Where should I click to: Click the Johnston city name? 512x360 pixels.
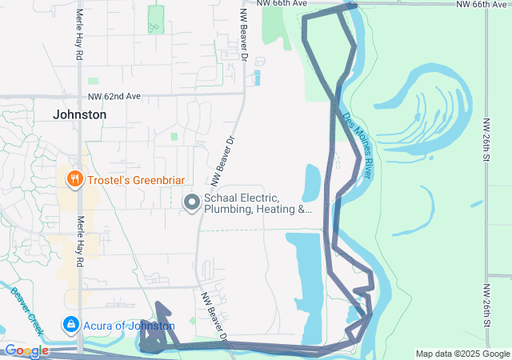79,114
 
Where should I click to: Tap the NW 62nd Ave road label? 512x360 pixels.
114,96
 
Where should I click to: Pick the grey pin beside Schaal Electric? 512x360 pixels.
191,203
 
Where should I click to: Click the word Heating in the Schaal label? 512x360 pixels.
278,210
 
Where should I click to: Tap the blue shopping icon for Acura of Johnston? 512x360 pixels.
70,325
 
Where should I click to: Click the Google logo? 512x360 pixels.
26,350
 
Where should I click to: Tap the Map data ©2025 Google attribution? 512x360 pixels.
462,354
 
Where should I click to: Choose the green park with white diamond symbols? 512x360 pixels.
156,19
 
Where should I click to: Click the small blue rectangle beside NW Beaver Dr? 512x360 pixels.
256,78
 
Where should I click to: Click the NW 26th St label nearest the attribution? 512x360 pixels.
486,305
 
